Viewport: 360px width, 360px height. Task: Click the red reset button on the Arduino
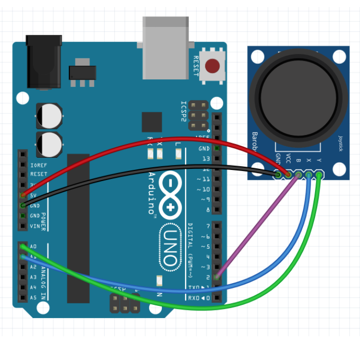click(x=212, y=66)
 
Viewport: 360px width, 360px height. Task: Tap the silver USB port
click(x=165, y=48)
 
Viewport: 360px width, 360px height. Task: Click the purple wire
click(x=253, y=228)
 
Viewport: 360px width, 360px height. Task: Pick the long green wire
click(x=202, y=308)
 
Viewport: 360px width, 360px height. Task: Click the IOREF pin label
click(x=39, y=165)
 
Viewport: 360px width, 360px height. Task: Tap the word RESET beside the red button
click(x=196, y=66)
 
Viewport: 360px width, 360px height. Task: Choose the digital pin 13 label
click(x=205, y=159)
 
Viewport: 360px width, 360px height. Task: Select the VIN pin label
click(x=35, y=226)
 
